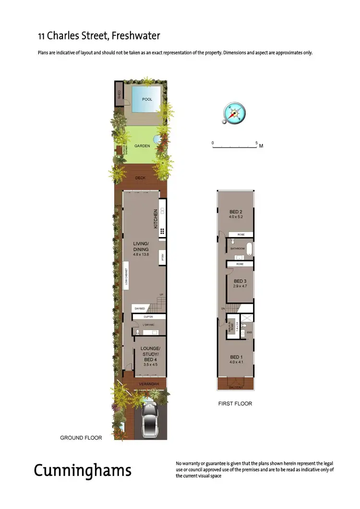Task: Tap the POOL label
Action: [147, 99]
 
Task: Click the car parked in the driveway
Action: [150, 421]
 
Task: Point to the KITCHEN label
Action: [156, 218]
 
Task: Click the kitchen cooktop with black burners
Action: [163, 231]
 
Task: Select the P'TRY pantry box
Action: [163, 258]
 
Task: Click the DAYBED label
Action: [140, 308]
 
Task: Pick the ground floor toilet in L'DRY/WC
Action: [137, 331]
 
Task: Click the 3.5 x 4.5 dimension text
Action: [150, 365]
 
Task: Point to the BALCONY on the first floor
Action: [236, 386]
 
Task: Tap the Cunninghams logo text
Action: [82, 470]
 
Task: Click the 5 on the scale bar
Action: [257, 143]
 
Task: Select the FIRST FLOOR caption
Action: [235, 403]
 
